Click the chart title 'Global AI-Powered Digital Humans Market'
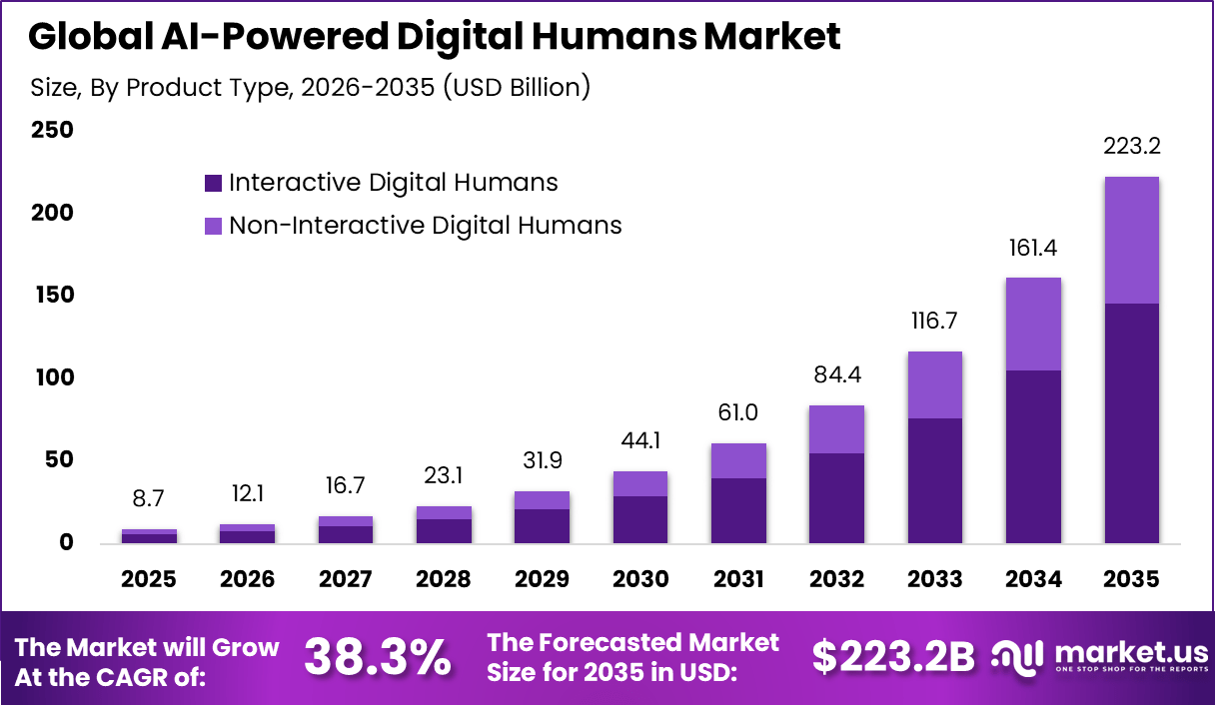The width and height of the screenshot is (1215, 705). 435,37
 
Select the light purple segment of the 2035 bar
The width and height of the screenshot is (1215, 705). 1132,241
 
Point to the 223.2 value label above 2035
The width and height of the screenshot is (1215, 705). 1132,147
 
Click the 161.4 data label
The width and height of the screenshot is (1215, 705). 1033,248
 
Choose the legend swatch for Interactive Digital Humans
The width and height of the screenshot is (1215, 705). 213,183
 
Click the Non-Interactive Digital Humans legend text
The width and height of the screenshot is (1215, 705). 425,226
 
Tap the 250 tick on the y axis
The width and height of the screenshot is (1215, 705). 52,131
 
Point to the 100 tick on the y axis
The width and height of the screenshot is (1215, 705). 52,378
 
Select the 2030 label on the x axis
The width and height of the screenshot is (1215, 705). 640,580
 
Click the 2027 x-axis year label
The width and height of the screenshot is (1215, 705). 346,580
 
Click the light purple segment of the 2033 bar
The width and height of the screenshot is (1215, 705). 935,384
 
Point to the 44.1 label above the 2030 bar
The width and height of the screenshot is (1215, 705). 640,440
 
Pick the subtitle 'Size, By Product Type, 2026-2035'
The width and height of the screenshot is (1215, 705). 311,88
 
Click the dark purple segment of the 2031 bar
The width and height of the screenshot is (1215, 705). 738,510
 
